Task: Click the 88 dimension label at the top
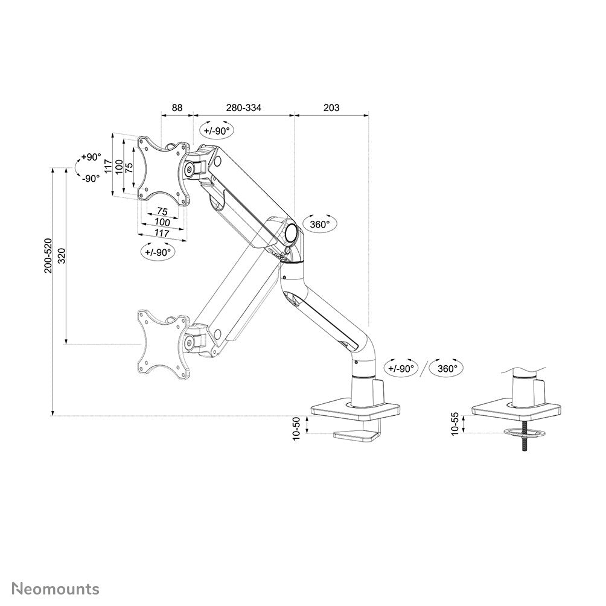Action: coord(177,108)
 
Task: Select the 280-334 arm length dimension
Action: coord(244,108)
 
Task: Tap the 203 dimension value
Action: coord(331,108)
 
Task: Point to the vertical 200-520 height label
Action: coord(48,255)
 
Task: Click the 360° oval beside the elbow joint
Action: coord(319,224)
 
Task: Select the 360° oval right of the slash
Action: coord(447,368)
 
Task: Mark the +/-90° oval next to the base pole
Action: coord(401,368)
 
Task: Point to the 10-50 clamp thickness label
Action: coord(296,429)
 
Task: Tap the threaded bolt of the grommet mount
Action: coord(525,443)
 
